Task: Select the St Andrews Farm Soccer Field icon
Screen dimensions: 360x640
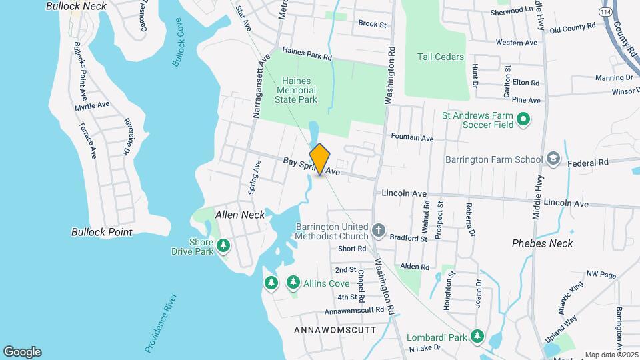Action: pyautogui.click(x=523, y=120)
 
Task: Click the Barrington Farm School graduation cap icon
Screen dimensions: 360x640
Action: pyautogui.click(x=553, y=159)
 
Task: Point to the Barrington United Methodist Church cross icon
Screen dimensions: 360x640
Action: pyautogui.click(x=379, y=231)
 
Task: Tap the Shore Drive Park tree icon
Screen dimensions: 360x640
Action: pyautogui.click(x=223, y=247)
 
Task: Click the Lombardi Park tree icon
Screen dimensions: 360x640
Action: pyautogui.click(x=477, y=337)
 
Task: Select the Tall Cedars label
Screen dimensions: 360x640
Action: pyautogui.click(x=440, y=57)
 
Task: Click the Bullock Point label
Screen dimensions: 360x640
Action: pyautogui.click(x=102, y=232)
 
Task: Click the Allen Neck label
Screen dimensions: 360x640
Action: pyautogui.click(x=240, y=215)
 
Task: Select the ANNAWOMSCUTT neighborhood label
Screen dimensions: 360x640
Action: pyautogui.click(x=334, y=330)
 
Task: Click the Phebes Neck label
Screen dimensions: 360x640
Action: pyautogui.click(x=542, y=243)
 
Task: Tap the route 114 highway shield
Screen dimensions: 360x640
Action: pyautogui.click(x=605, y=12)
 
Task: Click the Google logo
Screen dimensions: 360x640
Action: pyautogui.click(x=22, y=352)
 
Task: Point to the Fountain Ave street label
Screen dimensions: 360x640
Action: pyautogui.click(x=412, y=138)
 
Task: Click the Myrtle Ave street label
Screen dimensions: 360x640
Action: pyautogui.click(x=92, y=105)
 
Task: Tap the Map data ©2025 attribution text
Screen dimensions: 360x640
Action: pyautogui.click(x=611, y=355)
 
